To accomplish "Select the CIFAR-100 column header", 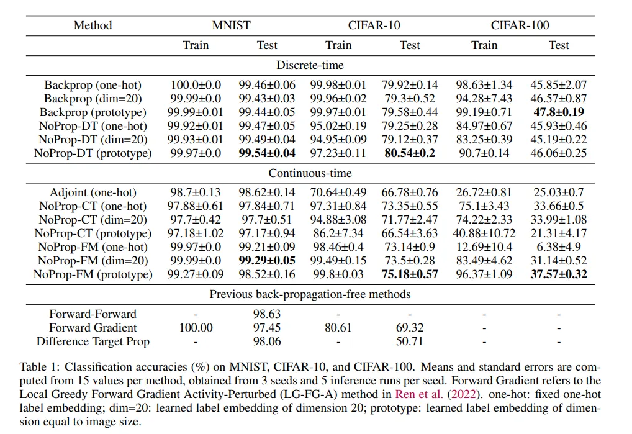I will click(x=520, y=25).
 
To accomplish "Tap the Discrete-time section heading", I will click(x=310, y=65).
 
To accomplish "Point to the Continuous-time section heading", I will click(x=310, y=173).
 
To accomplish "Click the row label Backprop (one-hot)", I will click(x=93, y=85).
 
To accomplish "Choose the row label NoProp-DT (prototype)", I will click(x=93, y=153).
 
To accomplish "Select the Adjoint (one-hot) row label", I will click(x=93, y=192).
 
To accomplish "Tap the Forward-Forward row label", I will click(x=93, y=314).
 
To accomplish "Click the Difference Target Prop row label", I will click(x=93, y=341).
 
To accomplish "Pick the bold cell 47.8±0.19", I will click(x=559, y=112).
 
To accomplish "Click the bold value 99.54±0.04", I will click(x=267, y=153).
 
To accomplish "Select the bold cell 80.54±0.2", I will click(x=410, y=153).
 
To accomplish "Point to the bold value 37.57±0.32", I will click(x=559, y=274).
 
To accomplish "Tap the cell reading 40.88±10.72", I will click(x=484, y=233).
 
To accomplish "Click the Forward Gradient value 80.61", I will click(x=338, y=328).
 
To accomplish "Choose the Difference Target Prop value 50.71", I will click(x=410, y=341).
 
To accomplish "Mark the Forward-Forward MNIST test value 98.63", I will click(x=267, y=314).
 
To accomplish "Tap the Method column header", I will click(x=93, y=25).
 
